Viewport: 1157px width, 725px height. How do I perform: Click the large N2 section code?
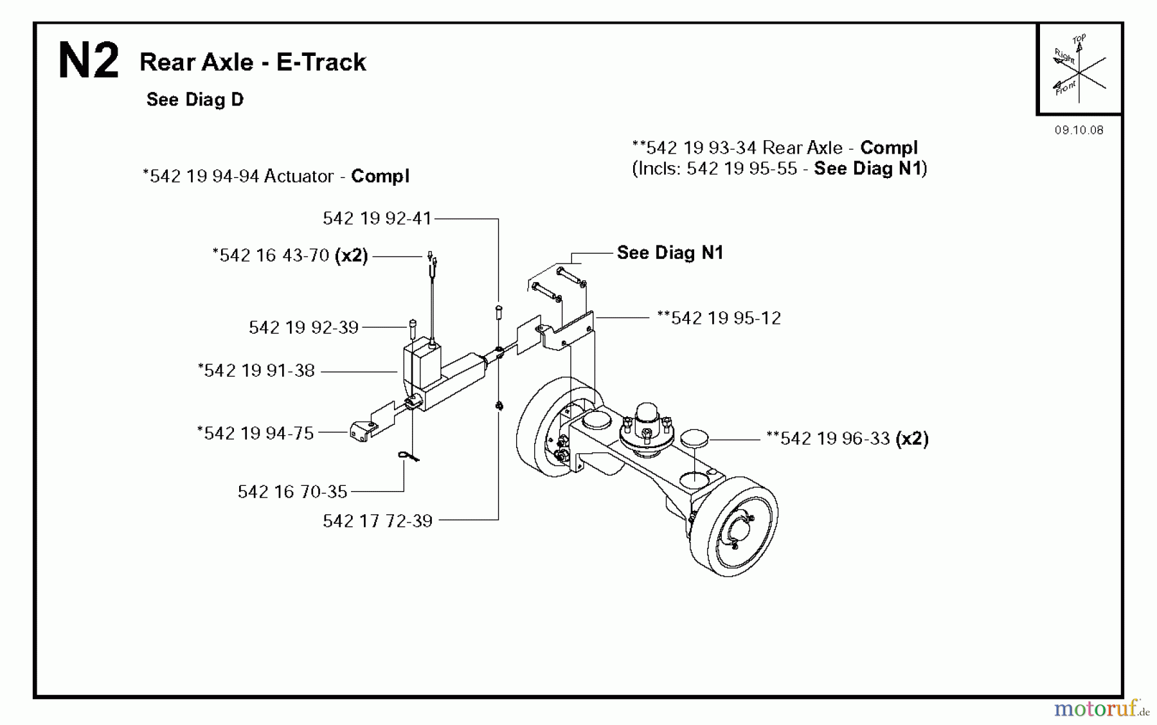[x=88, y=61]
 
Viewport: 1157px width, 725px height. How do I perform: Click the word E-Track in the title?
[x=321, y=62]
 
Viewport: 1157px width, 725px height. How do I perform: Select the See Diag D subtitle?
[x=195, y=100]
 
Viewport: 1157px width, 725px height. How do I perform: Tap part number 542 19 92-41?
[x=377, y=219]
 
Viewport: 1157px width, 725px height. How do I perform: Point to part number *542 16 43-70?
[x=274, y=256]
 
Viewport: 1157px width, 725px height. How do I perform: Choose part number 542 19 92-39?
[x=303, y=328]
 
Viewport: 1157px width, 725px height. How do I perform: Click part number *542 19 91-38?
[x=256, y=371]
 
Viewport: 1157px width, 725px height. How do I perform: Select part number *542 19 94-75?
[x=256, y=433]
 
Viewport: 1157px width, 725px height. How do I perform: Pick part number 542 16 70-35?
[x=292, y=492]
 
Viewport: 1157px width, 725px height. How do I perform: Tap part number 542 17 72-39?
[x=377, y=521]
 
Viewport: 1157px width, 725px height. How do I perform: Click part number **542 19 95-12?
[x=719, y=318]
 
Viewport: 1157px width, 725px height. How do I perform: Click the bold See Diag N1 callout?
[x=670, y=253]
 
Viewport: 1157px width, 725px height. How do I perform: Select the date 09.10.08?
[x=1079, y=130]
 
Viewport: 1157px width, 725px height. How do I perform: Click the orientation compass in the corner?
[x=1079, y=69]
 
